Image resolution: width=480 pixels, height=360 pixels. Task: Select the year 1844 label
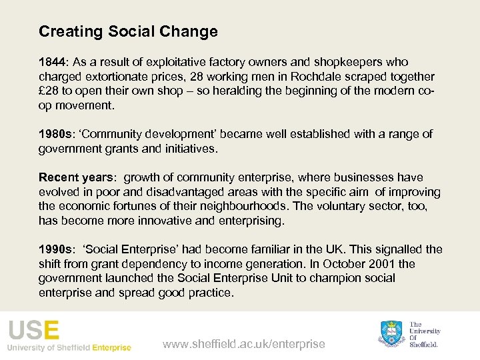51,62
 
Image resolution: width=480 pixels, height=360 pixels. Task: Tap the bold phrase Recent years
75,177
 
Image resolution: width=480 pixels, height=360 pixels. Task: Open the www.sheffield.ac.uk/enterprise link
244,344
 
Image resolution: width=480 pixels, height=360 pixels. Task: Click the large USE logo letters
33,331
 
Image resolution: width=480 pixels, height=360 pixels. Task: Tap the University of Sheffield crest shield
392,333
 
